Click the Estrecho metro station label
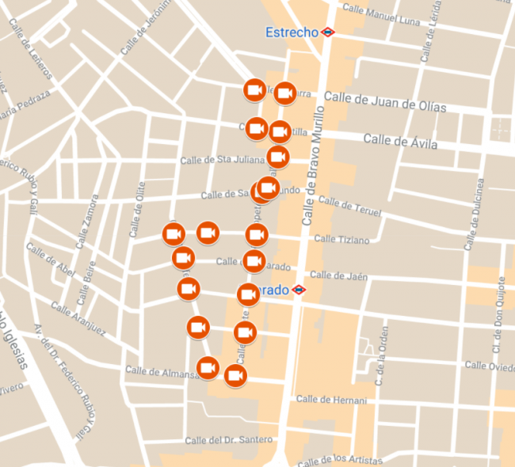coord(291,32)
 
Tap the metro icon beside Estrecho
coord(327,32)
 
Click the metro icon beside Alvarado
coord(299,290)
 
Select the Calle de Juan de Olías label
coord(385,103)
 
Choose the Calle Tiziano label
coord(341,239)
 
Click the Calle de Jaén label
coord(338,275)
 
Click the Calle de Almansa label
coord(162,372)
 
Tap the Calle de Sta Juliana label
coord(221,159)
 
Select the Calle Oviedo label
coord(489,366)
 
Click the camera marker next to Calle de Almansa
coord(208,368)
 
